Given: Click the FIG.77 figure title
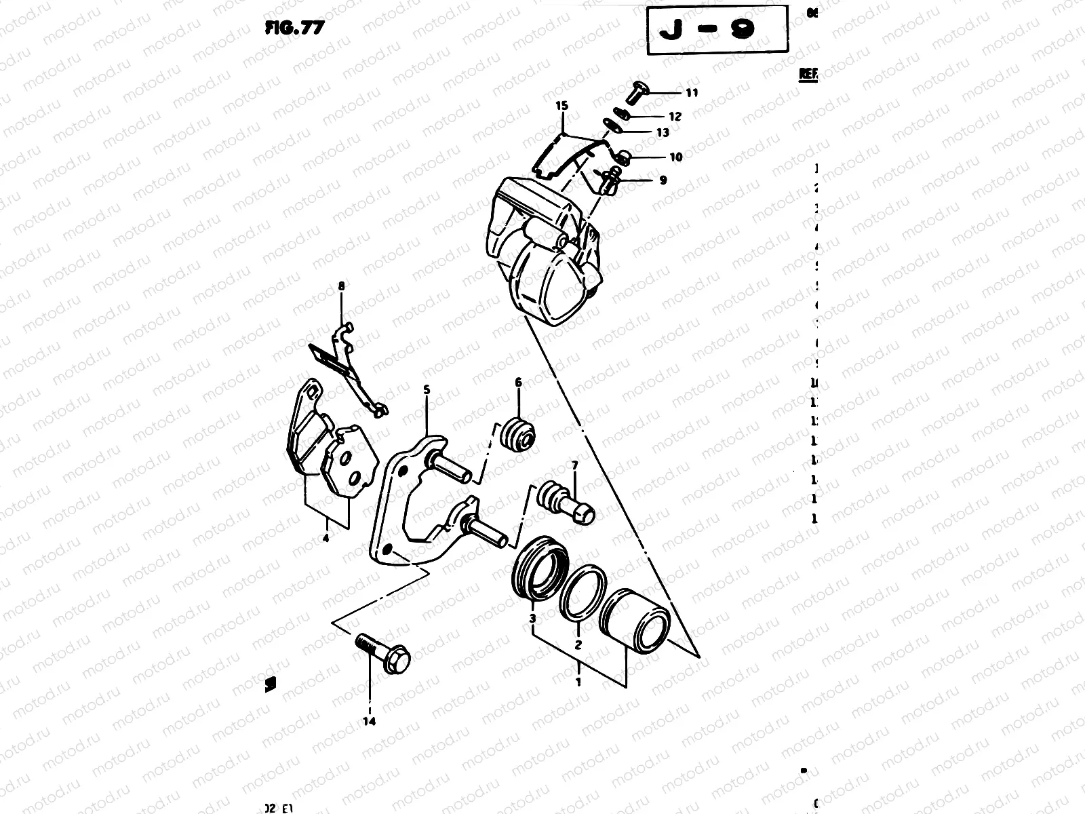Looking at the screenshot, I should coord(294,28).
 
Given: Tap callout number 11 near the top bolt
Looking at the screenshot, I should coord(691,93).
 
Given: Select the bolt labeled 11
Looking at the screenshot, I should coord(637,92).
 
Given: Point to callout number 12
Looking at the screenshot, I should coord(675,117).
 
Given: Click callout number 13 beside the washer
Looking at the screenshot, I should coord(662,133).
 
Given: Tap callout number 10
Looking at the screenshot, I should coord(675,157).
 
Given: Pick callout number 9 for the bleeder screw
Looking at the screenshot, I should coord(663,180).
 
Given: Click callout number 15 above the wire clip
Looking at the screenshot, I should coord(561,106).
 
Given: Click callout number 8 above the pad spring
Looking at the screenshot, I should coord(341,287).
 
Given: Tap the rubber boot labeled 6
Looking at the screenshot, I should coord(518,435).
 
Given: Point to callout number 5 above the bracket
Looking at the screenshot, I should coord(427,390).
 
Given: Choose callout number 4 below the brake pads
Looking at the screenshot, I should coord(325,539).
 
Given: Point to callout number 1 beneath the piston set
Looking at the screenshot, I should coord(578,682).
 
